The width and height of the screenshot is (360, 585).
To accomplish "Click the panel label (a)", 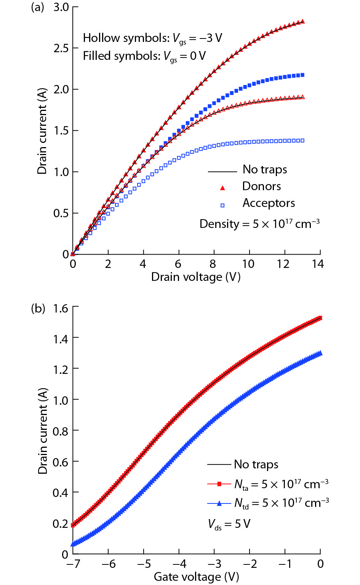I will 37,7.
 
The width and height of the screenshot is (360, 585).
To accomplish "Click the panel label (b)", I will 38,308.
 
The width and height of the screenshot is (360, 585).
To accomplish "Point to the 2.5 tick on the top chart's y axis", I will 61,48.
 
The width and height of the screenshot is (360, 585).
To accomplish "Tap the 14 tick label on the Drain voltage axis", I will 318,264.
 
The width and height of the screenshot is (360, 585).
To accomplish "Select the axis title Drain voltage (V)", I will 196,277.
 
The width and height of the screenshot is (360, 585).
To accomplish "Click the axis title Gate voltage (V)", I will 196,577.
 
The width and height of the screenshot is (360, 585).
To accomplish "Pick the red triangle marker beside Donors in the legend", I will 223,188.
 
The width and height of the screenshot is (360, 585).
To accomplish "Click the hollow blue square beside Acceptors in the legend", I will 222,205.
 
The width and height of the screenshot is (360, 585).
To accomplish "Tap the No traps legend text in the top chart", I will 265,170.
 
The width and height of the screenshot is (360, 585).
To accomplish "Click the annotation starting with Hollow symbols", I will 152,38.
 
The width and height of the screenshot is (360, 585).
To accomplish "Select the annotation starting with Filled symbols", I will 144,56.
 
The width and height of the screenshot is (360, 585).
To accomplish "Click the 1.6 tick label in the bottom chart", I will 61,308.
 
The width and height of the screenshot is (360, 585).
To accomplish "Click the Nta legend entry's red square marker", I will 219,484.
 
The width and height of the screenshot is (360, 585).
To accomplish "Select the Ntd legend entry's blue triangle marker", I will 219,503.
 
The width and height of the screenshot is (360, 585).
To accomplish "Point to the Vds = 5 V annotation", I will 229,524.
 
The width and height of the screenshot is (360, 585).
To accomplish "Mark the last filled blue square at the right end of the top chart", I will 302,75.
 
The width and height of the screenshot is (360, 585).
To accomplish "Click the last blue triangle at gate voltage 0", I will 320,353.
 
